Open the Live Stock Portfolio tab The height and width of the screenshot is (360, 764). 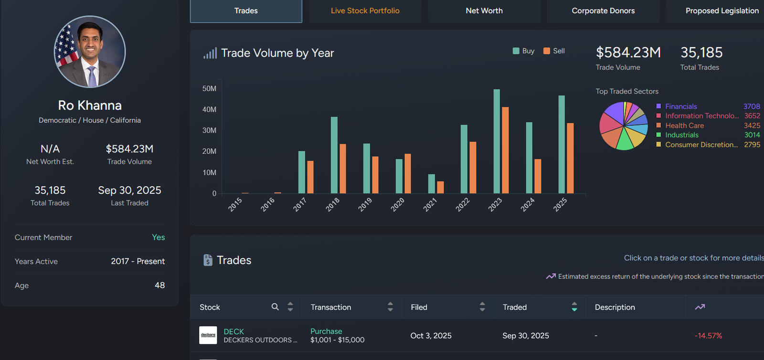coord(365,11)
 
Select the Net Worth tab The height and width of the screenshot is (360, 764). coord(484,11)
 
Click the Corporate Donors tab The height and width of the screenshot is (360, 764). coord(603,11)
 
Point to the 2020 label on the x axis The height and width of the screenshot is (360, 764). coord(397,205)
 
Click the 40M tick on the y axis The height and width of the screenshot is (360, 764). coord(209,109)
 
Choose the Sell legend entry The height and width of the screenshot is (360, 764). coord(554,51)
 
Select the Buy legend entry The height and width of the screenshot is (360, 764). coord(523,51)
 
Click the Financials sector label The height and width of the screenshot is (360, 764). coord(681,106)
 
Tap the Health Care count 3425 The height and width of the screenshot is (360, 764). coord(752,126)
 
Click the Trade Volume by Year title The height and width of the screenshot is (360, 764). coord(277,53)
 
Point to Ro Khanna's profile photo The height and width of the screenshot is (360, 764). coord(90,52)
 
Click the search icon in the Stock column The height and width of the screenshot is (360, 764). coord(275,307)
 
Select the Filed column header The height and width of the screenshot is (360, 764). coord(419,307)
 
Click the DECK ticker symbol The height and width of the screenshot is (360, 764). coord(233,331)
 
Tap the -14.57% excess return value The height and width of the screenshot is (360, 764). coord(708,336)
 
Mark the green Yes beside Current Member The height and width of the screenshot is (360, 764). coord(158,237)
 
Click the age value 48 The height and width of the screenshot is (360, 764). coord(159,285)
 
